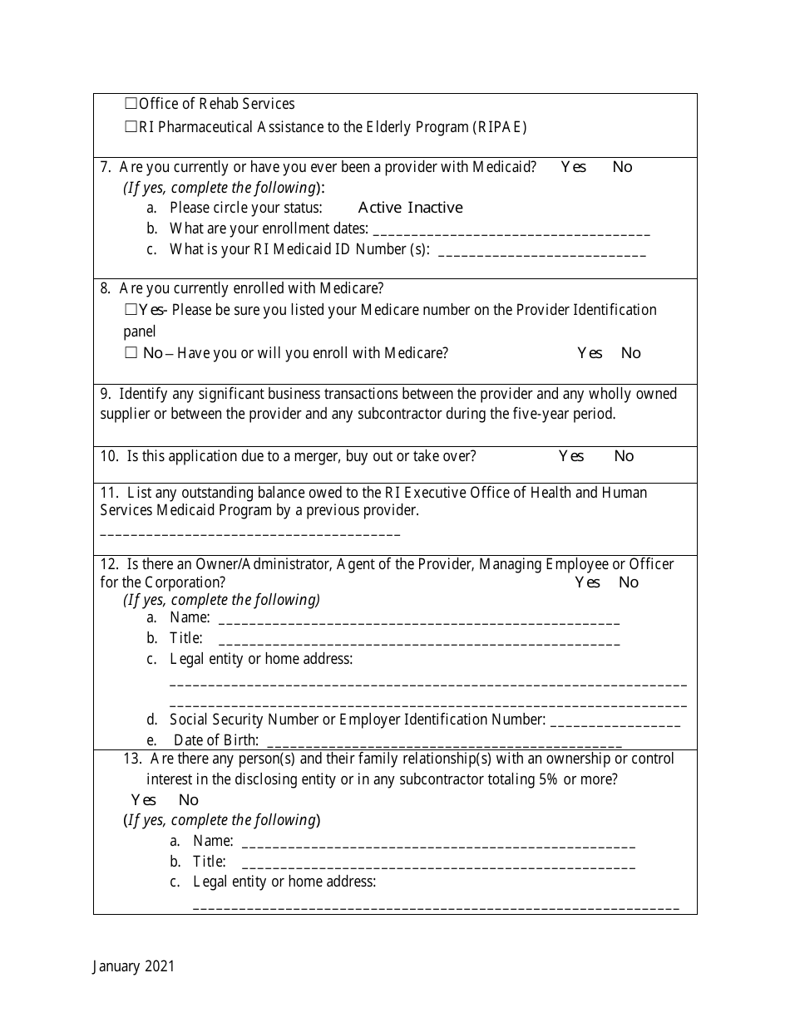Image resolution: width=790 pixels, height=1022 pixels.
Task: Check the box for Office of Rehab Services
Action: pyautogui.click(x=131, y=104)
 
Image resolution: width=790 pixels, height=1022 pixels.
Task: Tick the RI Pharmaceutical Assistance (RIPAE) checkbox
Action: pyautogui.click(x=131, y=127)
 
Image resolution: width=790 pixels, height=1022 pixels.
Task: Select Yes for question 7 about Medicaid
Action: pyautogui.click(x=573, y=167)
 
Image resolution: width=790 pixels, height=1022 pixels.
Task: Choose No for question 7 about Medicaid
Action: pyautogui.click(x=622, y=167)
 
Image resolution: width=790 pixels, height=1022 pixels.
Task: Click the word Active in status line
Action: pyautogui.click(x=379, y=208)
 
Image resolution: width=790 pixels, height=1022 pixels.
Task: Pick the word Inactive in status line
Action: pyautogui.click(x=435, y=208)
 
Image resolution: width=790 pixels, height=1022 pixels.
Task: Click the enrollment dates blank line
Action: pyautogui.click(x=511, y=233)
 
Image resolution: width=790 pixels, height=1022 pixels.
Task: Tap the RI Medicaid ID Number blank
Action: pyautogui.click(x=541, y=253)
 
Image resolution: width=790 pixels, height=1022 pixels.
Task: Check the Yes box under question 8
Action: pyautogui.click(x=131, y=310)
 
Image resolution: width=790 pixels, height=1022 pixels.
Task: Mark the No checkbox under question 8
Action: pyautogui.click(x=131, y=353)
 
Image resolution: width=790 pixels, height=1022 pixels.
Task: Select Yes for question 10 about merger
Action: pyautogui.click(x=570, y=456)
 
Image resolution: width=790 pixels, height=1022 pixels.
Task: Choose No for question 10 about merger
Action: pyautogui.click(x=624, y=456)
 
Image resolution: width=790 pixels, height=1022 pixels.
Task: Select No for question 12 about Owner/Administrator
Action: pyautogui.click(x=629, y=582)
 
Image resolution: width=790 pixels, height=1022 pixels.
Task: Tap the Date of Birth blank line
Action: pyautogui.click(x=444, y=744)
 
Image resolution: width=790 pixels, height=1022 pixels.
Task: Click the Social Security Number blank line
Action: pyautogui.click(x=615, y=724)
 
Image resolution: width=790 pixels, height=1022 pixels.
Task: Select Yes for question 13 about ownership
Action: pyautogui.click(x=144, y=800)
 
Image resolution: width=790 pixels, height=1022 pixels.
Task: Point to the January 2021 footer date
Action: pyautogui.click(x=134, y=965)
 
